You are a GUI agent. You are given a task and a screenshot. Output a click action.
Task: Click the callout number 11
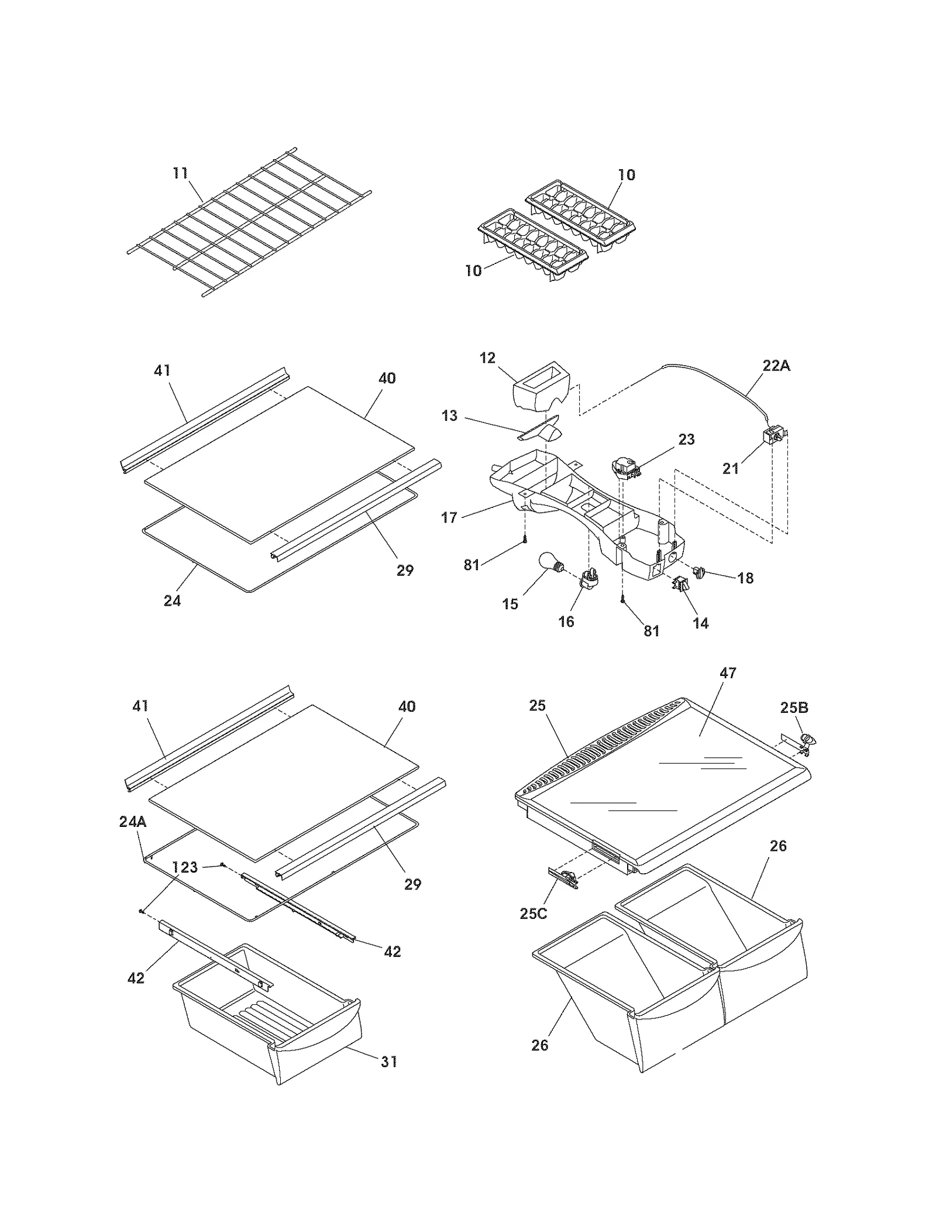click(180, 173)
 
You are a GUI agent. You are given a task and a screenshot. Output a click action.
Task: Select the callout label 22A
click(776, 366)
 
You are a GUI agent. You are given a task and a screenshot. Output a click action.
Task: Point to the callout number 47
click(728, 673)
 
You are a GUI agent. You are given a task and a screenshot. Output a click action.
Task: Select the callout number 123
click(185, 867)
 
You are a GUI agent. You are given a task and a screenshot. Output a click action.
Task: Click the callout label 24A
click(133, 822)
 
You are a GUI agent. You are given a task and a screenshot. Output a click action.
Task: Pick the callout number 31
click(389, 1061)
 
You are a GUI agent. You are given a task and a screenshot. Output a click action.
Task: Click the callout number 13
click(449, 416)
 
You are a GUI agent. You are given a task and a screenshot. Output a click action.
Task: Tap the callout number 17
click(449, 517)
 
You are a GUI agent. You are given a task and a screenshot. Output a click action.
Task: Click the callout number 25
click(537, 705)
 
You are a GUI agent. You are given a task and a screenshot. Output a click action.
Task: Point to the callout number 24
click(172, 600)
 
